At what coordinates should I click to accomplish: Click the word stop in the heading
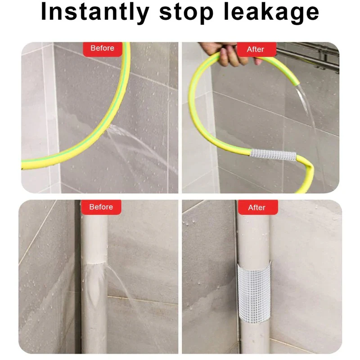(x=186, y=13)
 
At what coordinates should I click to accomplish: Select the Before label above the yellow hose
(x=102, y=48)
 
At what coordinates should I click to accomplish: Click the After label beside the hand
(x=256, y=49)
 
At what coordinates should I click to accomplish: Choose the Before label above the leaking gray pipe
(x=101, y=207)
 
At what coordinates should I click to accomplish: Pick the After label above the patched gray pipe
(x=257, y=208)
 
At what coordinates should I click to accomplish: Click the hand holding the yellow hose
(x=230, y=54)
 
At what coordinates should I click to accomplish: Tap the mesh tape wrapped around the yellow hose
(x=273, y=155)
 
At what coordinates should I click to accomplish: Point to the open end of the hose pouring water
(x=297, y=83)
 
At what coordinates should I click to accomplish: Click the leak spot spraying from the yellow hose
(x=108, y=129)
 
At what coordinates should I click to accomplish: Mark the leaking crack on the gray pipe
(x=94, y=263)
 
